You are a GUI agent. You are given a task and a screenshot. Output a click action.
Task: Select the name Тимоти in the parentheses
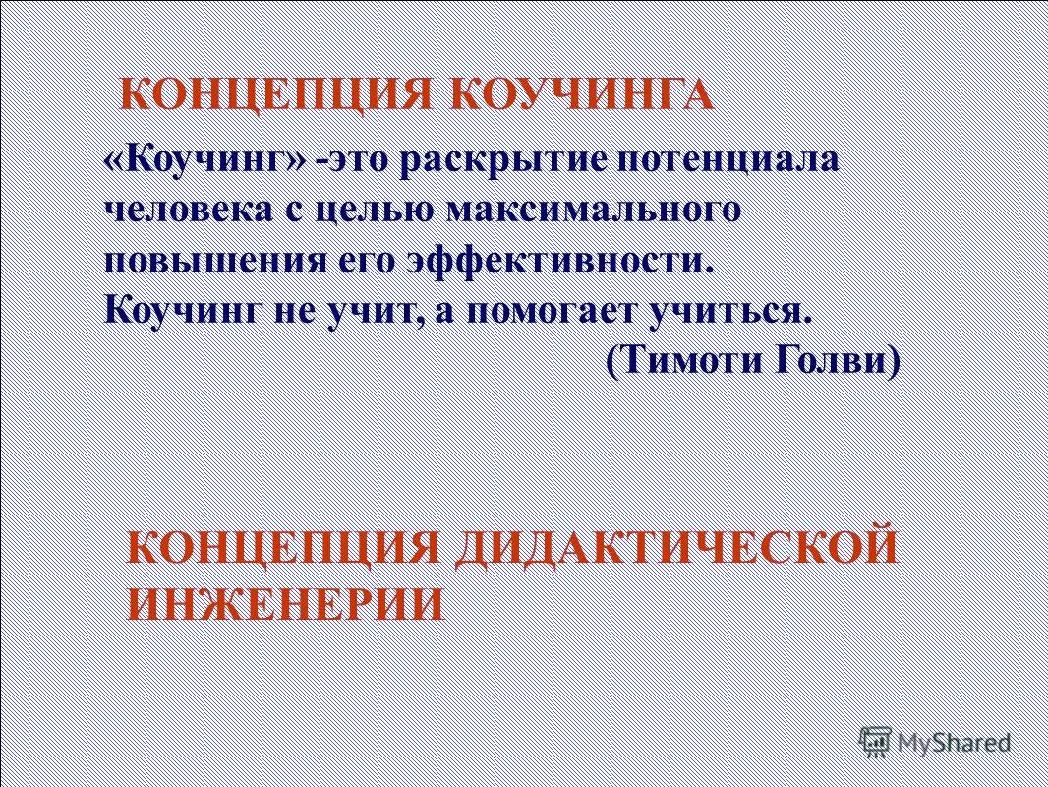tap(677, 360)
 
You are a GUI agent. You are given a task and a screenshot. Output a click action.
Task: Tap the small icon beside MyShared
tap(873, 740)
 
